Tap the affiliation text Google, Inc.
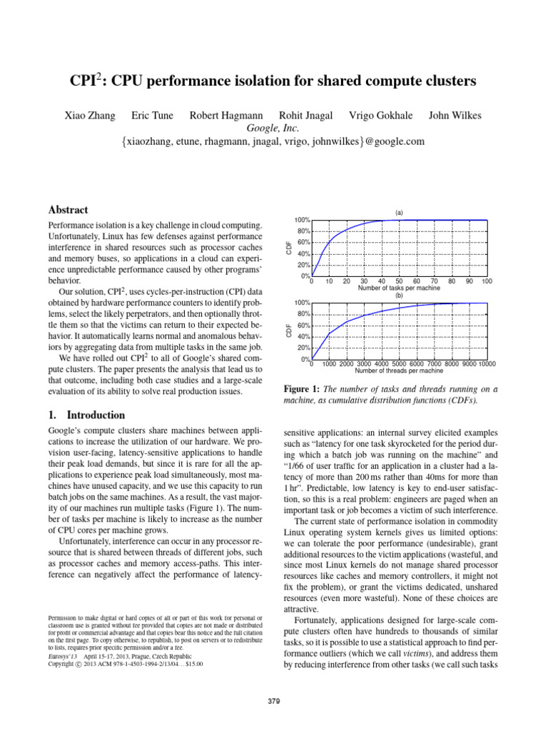(274, 128)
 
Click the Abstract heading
(68, 210)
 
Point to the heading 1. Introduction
(86, 415)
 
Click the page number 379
(274, 702)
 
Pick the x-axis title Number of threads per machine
(399, 371)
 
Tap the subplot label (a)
(399, 212)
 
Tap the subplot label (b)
(399, 295)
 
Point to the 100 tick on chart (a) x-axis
(487, 281)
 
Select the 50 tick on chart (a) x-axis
(399, 281)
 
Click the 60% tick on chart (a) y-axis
(303, 243)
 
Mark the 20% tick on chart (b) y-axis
(303, 348)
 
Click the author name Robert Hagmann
(215, 116)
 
